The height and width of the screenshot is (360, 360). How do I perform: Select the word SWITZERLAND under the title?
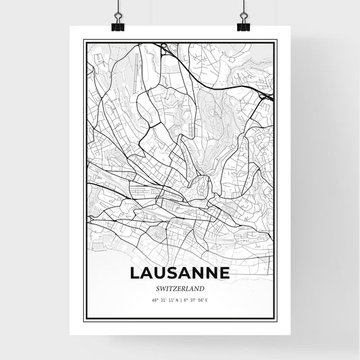[180, 288]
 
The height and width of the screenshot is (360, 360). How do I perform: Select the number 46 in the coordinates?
[155, 300]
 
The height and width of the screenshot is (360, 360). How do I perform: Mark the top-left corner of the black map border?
[83, 41]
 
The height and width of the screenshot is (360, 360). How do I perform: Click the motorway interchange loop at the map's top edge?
[164, 47]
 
